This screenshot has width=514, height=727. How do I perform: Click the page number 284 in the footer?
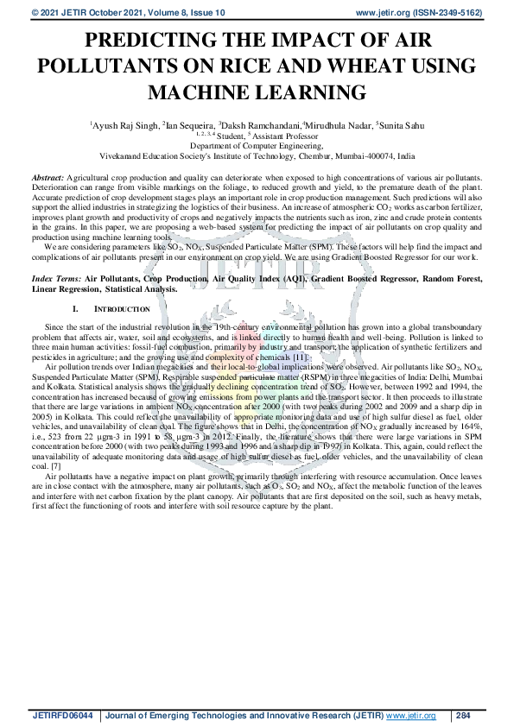coord(462,716)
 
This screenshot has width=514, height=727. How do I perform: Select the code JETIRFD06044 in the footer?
coord(62,716)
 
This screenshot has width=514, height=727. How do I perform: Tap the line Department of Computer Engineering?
coord(257,147)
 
